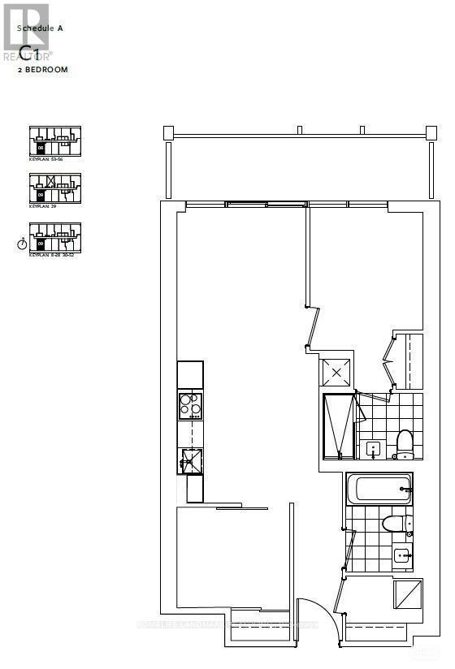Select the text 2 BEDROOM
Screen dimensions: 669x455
tap(44, 71)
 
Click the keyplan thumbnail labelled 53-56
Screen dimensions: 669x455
tap(55, 141)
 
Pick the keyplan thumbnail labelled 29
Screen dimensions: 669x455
tap(55, 188)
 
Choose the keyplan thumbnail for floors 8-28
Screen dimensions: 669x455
tap(55, 237)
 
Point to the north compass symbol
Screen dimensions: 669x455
tap(21, 243)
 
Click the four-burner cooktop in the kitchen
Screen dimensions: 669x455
tap(190, 404)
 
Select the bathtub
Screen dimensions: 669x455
tap(379, 489)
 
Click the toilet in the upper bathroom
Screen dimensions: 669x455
tap(405, 442)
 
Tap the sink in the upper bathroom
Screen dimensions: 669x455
tap(374, 448)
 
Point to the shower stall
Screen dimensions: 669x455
tap(338, 426)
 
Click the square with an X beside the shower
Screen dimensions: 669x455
tap(336, 373)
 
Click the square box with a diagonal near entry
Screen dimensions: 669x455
tap(407, 594)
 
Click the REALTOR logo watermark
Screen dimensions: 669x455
tap(26, 32)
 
